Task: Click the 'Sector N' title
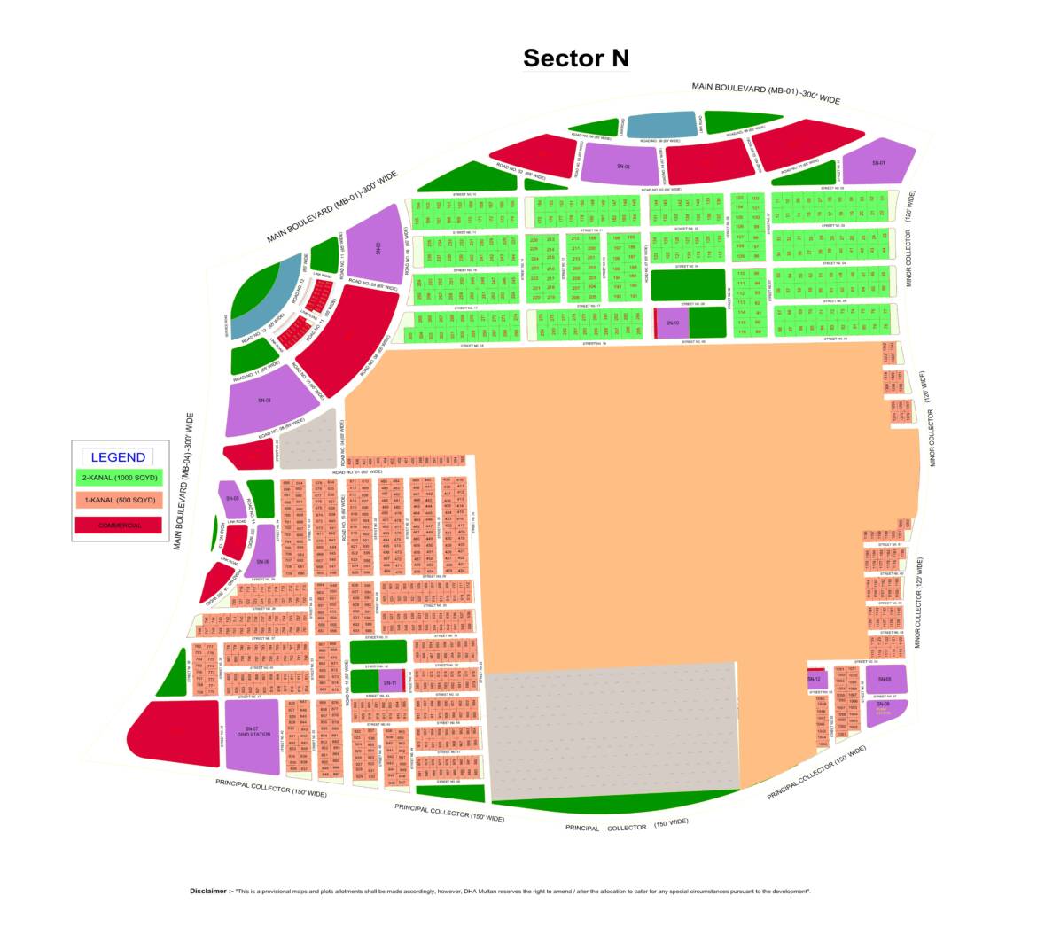coord(575,58)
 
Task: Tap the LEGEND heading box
coord(118,457)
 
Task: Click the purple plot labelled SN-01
coord(878,163)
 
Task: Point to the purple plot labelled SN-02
coord(622,166)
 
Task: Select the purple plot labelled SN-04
coord(263,401)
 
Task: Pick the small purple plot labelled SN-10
coord(672,323)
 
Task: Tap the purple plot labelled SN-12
coord(815,679)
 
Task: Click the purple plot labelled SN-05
coord(232,499)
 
